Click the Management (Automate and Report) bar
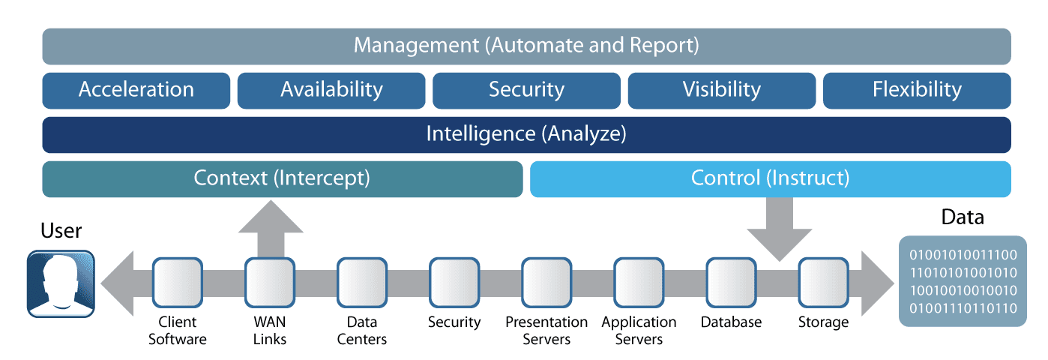pyautogui.click(x=526, y=46)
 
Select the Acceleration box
pyautogui.click(x=136, y=90)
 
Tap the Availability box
pyautogui.click(x=331, y=90)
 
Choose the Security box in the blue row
pyautogui.click(x=526, y=90)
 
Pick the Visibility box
pyautogui.click(x=721, y=90)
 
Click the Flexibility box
pyautogui.click(x=917, y=90)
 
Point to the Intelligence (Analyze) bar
pyautogui.click(x=526, y=135)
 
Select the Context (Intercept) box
pyautogui.click(x=282, y=179)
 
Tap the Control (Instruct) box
pyautogui.click(x=770, y=179)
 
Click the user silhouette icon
pyautogui.click(x=61, y=283)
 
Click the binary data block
pyautogui.click(x=963, y=281)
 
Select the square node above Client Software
pyautogui.click(x=178, y=283)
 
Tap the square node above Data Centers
pyautogui.click(x=361, y=283)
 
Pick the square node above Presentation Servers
pyautogui.click(x=546, y=283)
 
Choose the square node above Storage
pyautogui.click(x=823, y=283)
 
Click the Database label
pyautogui.click(x=731, y=322)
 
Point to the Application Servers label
pyautogui.click(x=639, y=331)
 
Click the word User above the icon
pyautogui.click(x=61, y=230)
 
